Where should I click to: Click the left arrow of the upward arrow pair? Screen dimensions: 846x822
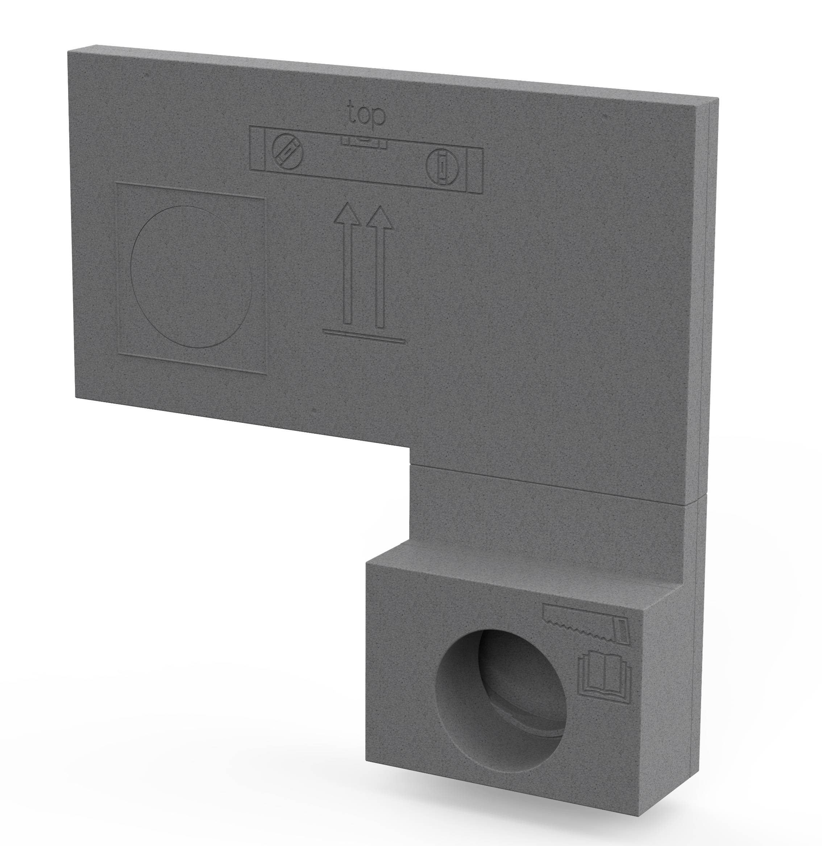pos(348,263)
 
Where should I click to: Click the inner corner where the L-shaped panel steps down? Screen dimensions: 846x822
pos(409,449)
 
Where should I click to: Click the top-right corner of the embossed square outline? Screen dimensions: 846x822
pos(264,198)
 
